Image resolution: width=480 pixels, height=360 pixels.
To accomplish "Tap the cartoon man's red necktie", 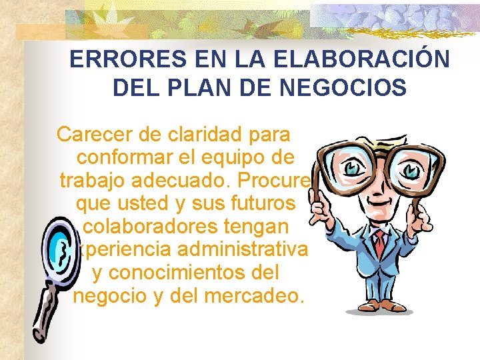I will (x=379, y=244).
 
